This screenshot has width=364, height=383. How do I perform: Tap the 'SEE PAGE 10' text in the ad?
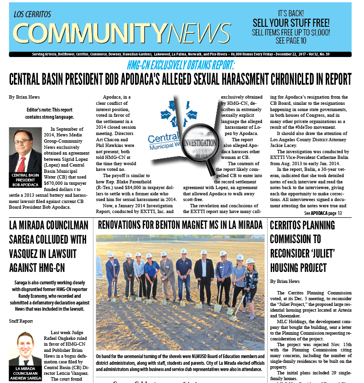291,41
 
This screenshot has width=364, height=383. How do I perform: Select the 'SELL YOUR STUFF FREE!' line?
291,23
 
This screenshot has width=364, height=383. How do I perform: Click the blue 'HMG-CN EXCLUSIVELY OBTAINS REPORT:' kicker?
181,65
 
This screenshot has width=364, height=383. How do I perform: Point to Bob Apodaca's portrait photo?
25,150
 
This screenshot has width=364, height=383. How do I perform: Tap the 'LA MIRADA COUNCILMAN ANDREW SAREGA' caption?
25,374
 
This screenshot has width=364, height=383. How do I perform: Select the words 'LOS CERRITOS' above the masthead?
33,14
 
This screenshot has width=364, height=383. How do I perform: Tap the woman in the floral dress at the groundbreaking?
250,282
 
